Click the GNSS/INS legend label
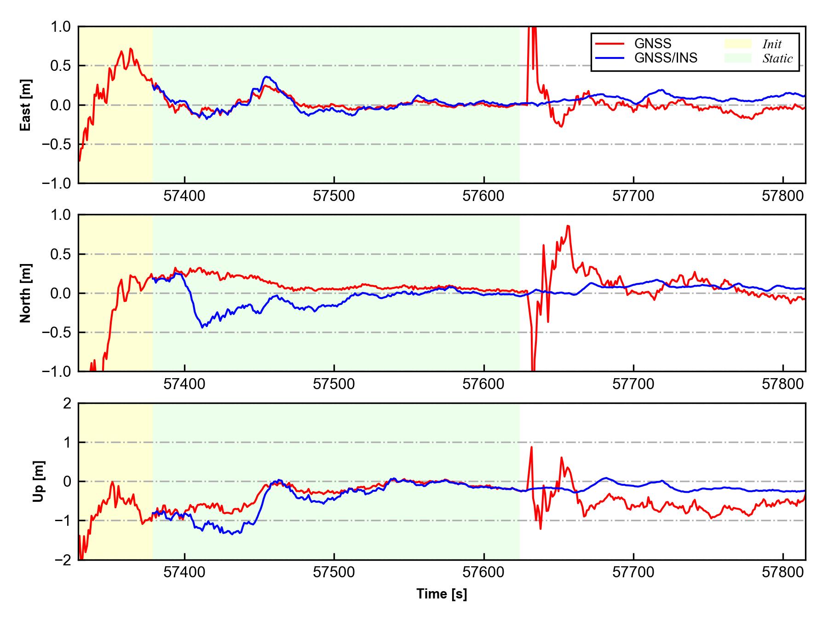click(666, 58)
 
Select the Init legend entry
click(771, 44)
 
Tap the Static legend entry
click(777, 58)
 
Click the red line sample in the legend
click(609, 44)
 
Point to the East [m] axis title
click(26, 105)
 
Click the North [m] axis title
click(26, 293)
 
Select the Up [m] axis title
click(39, 481)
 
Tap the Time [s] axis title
click(442, 594)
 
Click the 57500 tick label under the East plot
click(334, 196)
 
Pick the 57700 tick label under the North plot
click(633, 385)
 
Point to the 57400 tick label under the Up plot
click(184, 573)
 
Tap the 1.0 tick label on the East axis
click(61, 27)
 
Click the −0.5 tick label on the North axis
click(57, 332)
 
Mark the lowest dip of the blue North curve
click(202, 327)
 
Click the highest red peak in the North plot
click(569, 226)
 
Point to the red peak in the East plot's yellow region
click(131, 49)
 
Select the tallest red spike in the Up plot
click(531, 447)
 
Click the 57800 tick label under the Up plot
click(783, 573)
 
